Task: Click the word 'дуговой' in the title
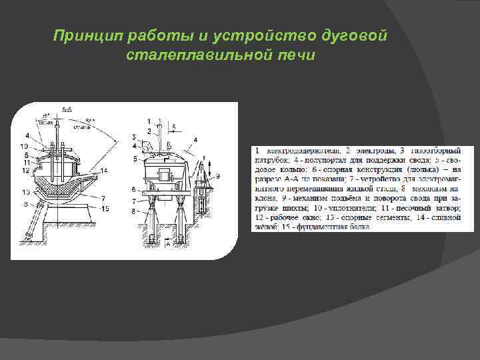click(361, 35)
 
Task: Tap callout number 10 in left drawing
click(24, 145)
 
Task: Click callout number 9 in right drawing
click(216, 176)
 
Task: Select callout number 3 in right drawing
click(135, 137)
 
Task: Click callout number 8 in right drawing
click(135, 211)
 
